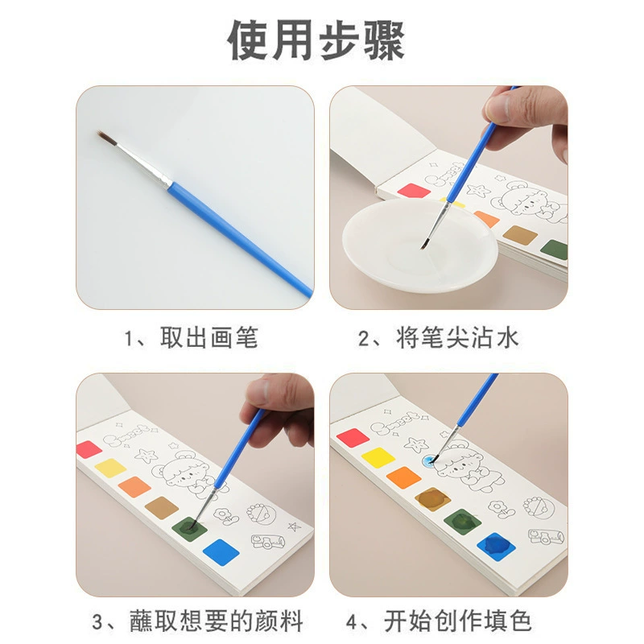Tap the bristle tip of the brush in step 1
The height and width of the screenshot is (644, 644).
98,133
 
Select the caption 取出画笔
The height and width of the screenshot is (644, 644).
209,338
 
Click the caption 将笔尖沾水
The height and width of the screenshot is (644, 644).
457,338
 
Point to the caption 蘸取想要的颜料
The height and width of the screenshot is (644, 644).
217,621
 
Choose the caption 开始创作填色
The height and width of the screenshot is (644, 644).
457,621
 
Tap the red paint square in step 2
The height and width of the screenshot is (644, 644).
414,191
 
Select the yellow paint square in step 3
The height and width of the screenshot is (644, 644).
110,468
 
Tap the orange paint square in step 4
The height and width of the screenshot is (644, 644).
404,478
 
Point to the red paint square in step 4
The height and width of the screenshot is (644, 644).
353,437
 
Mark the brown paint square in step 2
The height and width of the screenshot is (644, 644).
520,235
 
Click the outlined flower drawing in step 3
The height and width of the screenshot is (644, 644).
226,517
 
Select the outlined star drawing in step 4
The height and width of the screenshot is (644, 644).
416,444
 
